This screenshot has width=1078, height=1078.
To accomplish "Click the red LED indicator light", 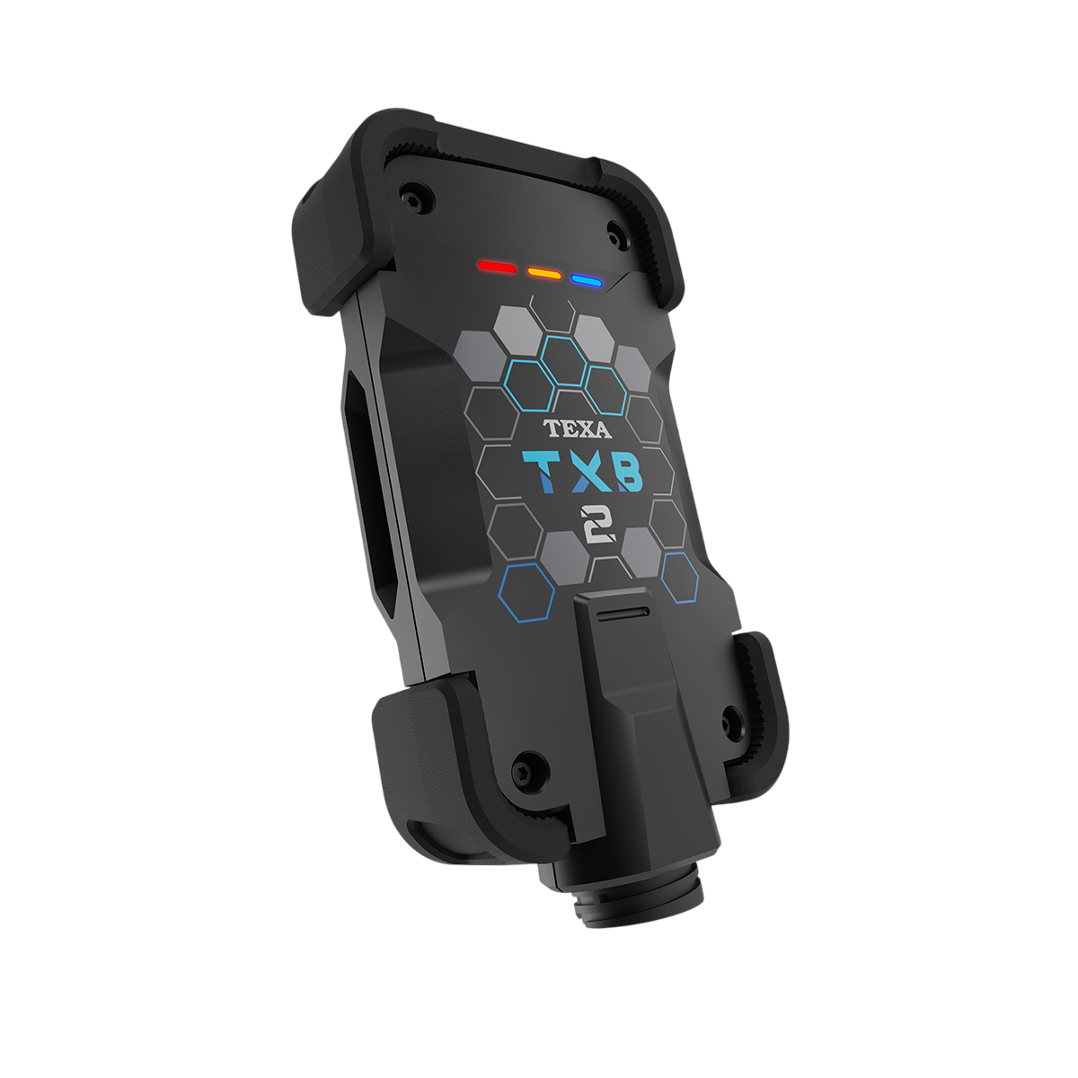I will (497, 268).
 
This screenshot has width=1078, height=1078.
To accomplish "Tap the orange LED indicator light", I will (543, 272).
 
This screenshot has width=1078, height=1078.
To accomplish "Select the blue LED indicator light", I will (586, 280).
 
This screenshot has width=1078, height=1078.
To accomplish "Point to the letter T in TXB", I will (541, 472).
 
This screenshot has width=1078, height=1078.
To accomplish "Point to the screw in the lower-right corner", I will (730, 717).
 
